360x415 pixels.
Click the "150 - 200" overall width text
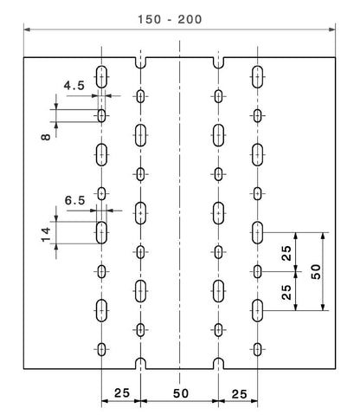click(170, 19)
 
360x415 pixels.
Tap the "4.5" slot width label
click(74, 86)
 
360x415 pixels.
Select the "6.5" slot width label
click(74, 200)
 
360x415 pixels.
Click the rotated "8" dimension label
click(46, 136)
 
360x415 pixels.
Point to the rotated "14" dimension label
click(46, 235)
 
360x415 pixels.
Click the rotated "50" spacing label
click(316, 272)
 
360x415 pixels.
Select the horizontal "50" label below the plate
click(181, 393)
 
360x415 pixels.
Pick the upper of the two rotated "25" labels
click(286, 253)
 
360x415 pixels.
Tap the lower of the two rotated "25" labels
click(286, 292)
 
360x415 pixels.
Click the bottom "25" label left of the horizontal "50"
click(122, 392)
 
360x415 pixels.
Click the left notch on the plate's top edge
click(140, 62)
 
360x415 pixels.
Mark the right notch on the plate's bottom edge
click(218, 363)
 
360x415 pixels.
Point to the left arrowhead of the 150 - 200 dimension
click(27, 29)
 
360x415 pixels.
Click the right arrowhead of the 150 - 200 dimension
click(332, 29)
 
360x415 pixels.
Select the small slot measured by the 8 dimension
click(101, 116)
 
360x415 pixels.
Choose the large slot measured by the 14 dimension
click(101, 232)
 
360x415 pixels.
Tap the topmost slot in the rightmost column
click(257, 77)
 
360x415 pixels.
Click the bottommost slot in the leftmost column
click(101, 349)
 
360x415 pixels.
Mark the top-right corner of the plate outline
click(336, 57)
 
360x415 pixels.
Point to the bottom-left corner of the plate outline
click(23, 369)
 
